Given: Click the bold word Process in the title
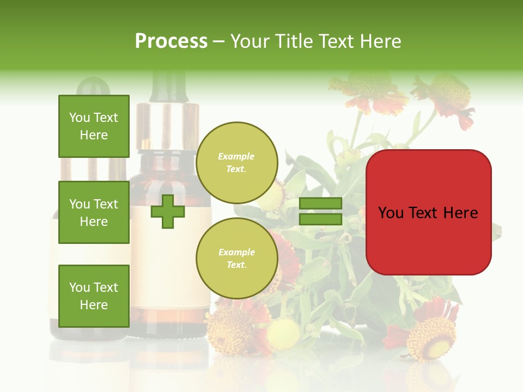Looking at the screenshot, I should [x=171, y=41].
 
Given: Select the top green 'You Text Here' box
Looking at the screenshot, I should [x=94, y=126].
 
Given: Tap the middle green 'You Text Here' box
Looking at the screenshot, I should [x=94, y=212].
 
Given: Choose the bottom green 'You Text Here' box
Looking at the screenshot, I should [x=94, y=296].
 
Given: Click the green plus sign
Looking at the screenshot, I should [x=168, y=211].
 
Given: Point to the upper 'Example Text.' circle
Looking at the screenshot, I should [x=236, y=163].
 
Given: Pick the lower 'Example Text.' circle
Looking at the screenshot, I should [x=236, y=259].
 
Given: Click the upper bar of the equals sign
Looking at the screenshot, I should [x=320, y=203].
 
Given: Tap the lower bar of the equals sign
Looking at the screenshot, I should [x=320, y=219].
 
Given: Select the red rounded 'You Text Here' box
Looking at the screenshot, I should [x=428, y=212].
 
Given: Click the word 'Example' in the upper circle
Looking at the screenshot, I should [x=236, y=156].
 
